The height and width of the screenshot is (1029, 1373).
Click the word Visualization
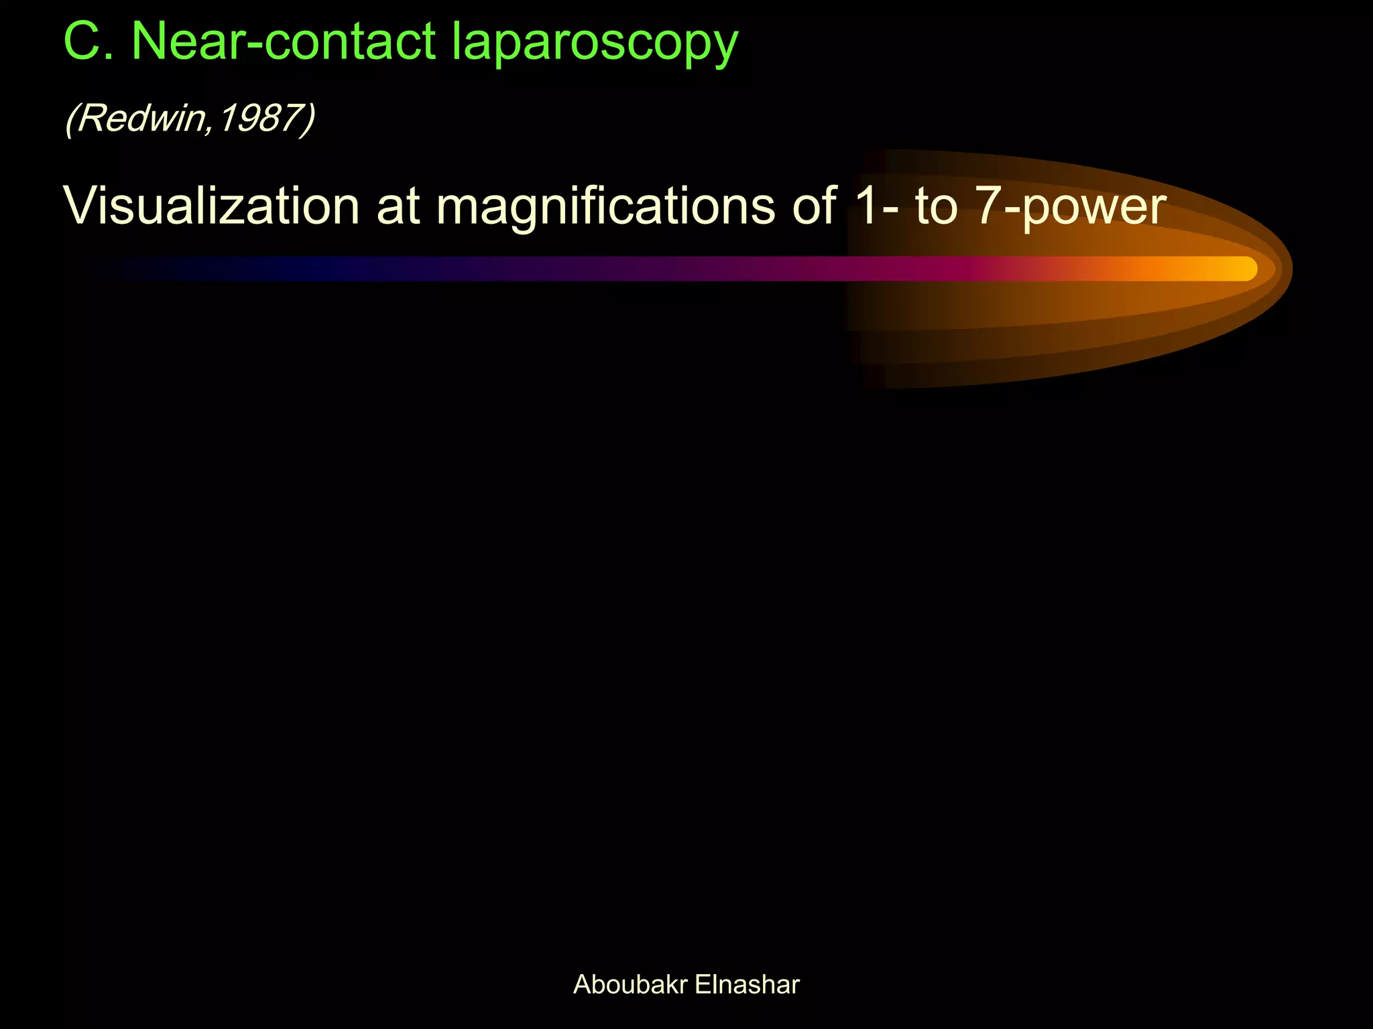[x=212, y=205]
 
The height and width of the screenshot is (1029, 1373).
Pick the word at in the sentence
[x=398, y=206]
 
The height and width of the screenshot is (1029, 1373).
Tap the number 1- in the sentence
[x=876, y=205]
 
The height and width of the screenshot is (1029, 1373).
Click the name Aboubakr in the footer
[x=630, y=985]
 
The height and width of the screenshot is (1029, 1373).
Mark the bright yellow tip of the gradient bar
[x=1240, y=269]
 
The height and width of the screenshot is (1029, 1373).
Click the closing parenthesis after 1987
[x=308, y=119]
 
